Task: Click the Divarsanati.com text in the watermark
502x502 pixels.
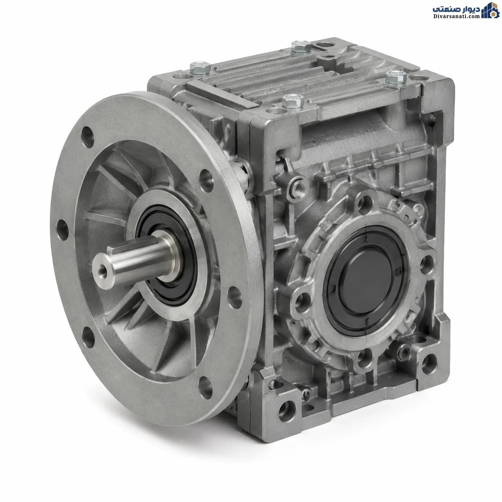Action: coord(456,16)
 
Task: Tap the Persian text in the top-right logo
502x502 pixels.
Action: coord(456,9)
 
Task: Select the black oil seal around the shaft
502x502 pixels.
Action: coord(167,255)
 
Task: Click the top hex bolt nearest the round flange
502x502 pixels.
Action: coord(200,68)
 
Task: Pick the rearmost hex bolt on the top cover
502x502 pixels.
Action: coord(301,46)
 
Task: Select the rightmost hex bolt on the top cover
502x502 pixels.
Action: coord(396,77)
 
